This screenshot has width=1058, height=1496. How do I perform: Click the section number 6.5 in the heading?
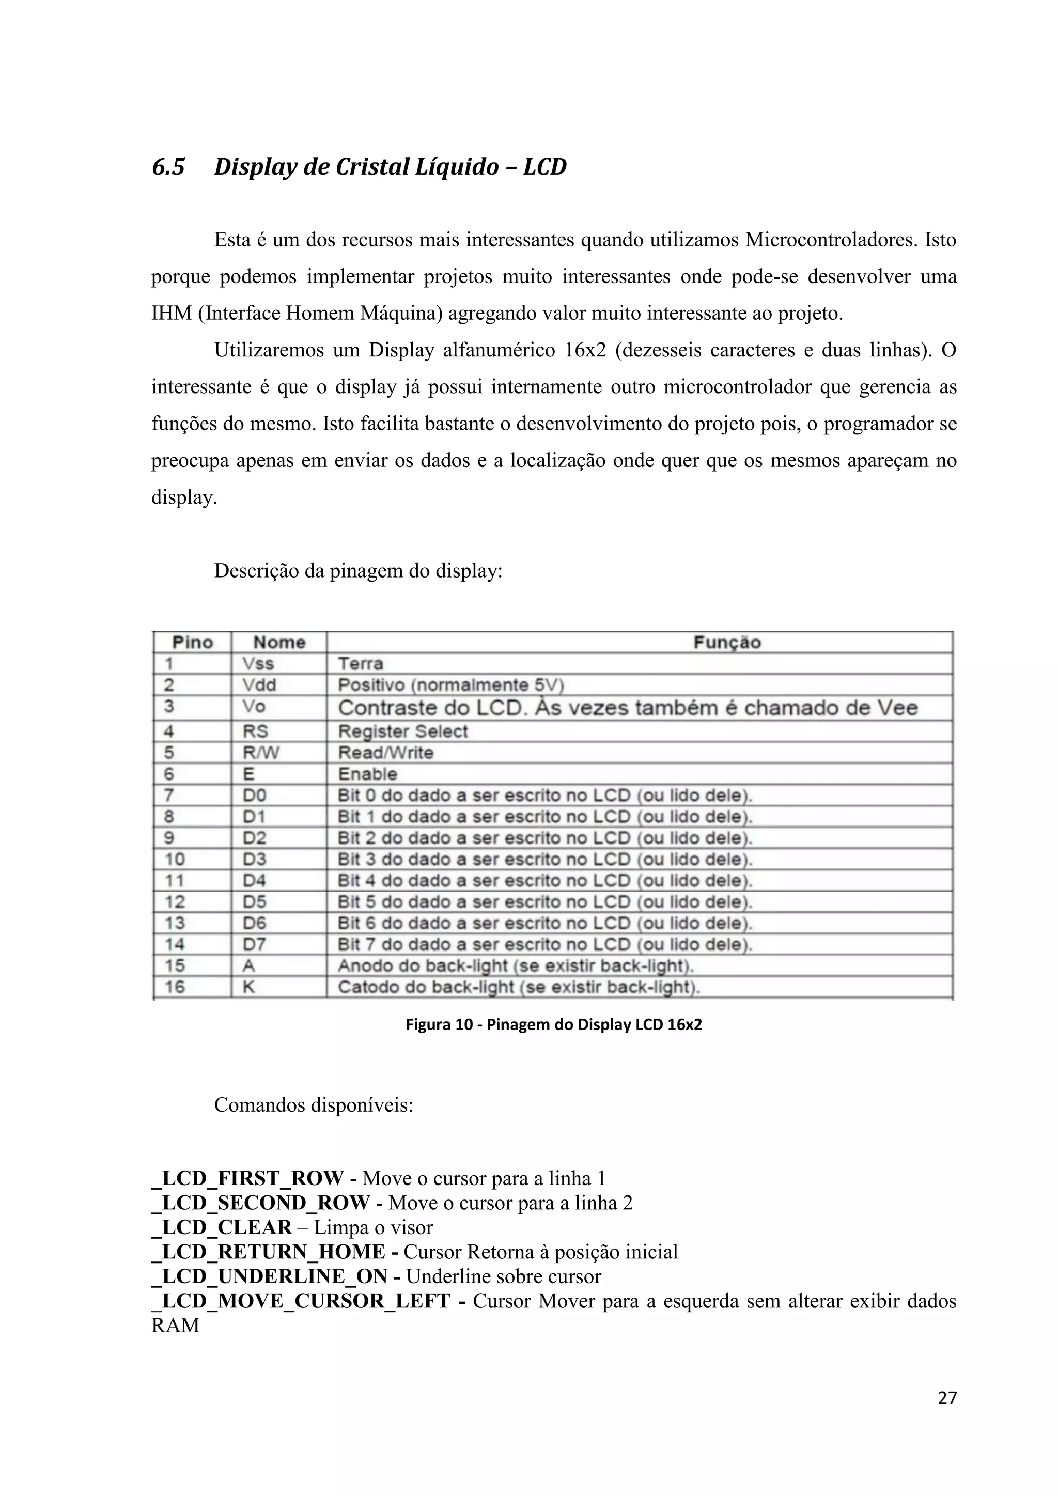point(168,167)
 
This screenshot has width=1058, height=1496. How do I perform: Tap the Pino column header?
point(192,643)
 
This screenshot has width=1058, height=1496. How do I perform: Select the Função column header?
point(727,643)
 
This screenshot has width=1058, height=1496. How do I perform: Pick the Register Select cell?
point(402,731)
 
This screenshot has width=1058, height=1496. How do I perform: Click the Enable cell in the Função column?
point(367,774)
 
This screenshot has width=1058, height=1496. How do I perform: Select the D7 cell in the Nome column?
point(254,944)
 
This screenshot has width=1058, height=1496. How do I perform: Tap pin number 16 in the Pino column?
point(175,987)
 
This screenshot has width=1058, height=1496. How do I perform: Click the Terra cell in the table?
point(360,664)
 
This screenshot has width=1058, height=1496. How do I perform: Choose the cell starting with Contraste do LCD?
point(627,708)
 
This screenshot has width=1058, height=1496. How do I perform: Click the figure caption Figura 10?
point(554,1025)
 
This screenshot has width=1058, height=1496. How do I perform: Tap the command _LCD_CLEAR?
point(222,1227)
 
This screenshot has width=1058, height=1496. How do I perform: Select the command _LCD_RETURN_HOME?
point(269,1252)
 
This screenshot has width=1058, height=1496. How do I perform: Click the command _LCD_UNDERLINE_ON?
point(270,1276)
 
